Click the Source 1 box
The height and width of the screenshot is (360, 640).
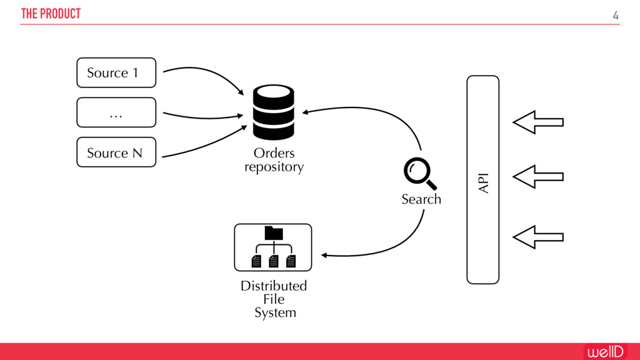click(x=116, y=72)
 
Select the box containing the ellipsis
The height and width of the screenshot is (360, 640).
click(x=116, y=112)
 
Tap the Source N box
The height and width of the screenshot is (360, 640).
click(x=116, y=152)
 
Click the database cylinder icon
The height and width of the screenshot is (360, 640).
click(x=273, y=112)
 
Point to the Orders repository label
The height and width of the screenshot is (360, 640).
click(x=274, y=160)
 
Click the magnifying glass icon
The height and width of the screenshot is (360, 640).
click(x=419, y=173)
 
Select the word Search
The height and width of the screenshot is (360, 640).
click(x=421, y=199)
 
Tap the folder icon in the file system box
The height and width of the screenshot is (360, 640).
click(x=274, y=233)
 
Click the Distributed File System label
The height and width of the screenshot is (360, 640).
click(x=274, y=299)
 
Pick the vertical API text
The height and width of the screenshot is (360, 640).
click(x=483, y=183)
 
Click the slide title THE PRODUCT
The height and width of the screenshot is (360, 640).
click(x=51, y=14)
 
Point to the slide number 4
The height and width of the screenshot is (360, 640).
click(x=616, y=16)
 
